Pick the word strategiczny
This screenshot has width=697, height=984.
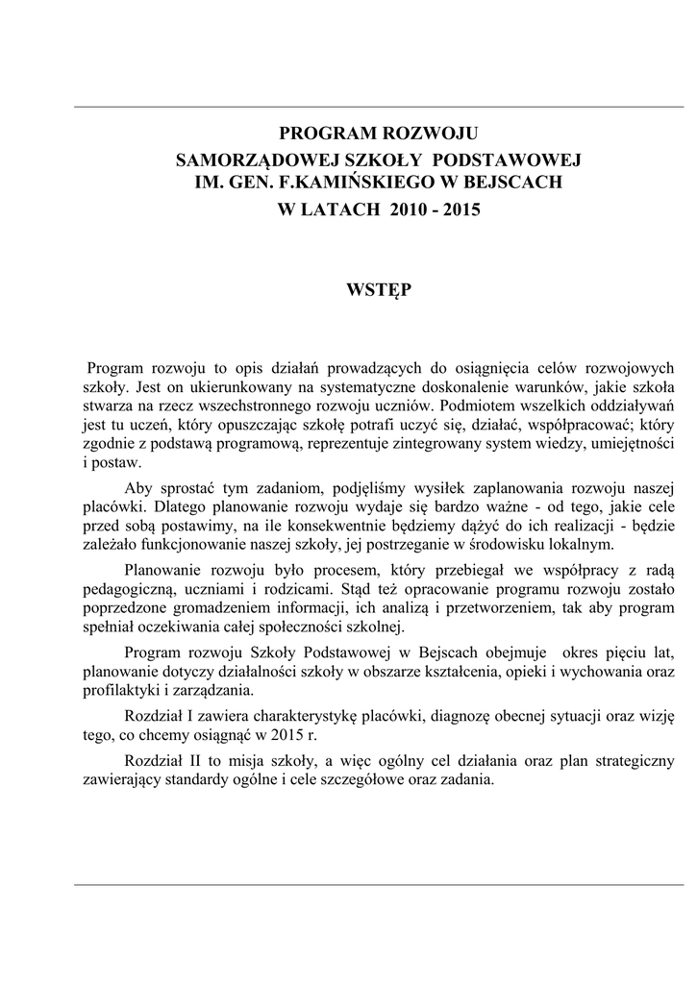pos(629,761)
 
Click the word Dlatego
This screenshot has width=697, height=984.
pos(190,506)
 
